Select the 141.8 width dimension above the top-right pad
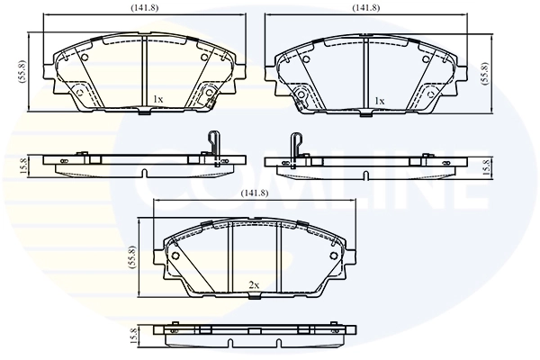pyautogui.click(x=366, y=8)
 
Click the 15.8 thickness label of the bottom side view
pyautogui.click(x=134, y=335)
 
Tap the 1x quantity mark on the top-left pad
pyautogui.click(x=158, y=99)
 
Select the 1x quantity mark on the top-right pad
pyautogui.click(x=379, y=101)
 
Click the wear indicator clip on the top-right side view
pyautogui.click(x=296, y=145)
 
